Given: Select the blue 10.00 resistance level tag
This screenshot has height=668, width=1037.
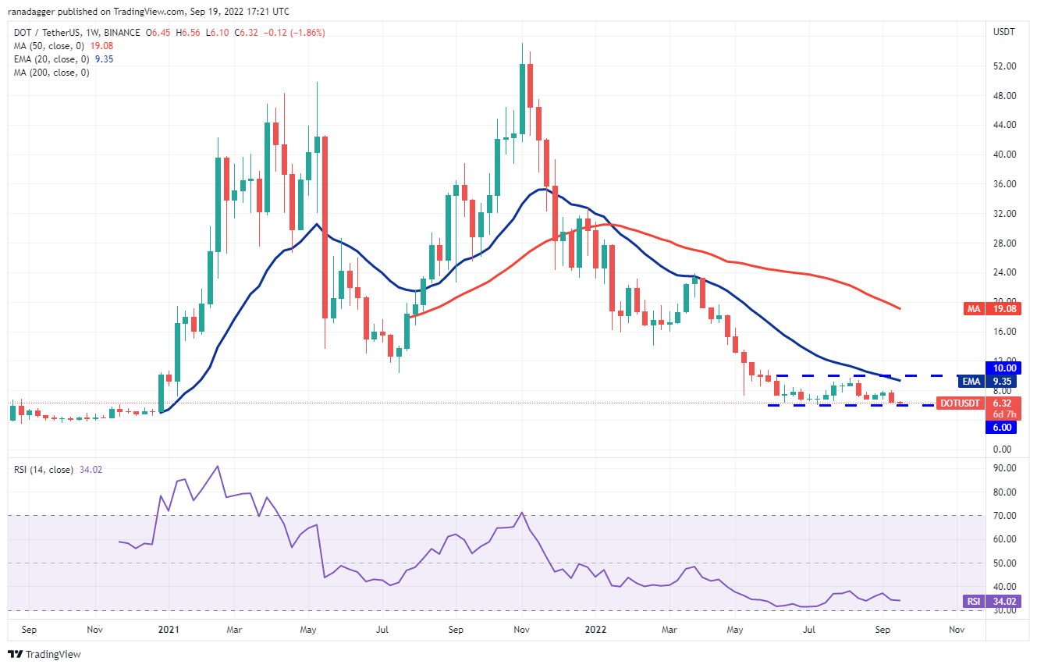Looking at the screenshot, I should point(1003,368).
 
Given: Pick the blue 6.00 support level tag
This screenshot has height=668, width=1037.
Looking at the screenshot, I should point(1003,428).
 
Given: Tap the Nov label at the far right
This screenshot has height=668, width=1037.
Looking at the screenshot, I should point(954,628).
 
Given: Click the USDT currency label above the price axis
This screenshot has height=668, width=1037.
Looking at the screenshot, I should point(1003,32).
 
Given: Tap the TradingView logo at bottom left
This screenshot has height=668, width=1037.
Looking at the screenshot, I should point(44,654).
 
